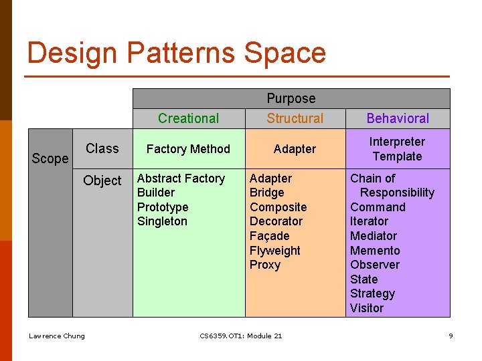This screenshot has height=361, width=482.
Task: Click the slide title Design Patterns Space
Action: [177, 53]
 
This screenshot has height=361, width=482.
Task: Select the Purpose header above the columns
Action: [291, 98]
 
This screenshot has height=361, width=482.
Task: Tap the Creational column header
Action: [188, 118]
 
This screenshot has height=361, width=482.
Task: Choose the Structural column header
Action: [295, 118]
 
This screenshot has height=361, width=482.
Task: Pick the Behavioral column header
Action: [398, 118]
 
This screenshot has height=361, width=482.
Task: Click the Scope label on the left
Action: [50, 158]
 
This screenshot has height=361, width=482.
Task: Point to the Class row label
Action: [102, 148]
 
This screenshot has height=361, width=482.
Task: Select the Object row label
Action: [102, 180]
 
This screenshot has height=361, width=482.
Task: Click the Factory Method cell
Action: [188, 149]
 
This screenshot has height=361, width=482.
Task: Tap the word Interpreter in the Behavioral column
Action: [397, 142]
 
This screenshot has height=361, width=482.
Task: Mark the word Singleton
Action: [162, 221]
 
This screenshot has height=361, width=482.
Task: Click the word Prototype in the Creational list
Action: [163, 207]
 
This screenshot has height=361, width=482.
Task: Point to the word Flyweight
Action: [275, 251]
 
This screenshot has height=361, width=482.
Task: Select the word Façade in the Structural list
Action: [270, 236]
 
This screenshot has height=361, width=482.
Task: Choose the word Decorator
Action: [276, 221]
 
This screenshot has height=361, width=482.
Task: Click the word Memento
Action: [375, 251]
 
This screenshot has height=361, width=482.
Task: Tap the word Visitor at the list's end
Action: [367, 308]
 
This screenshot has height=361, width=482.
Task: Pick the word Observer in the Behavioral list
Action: [375, 265]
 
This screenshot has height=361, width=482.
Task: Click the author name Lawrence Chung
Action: [57, 336]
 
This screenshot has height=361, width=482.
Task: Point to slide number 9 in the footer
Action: [451, 336]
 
